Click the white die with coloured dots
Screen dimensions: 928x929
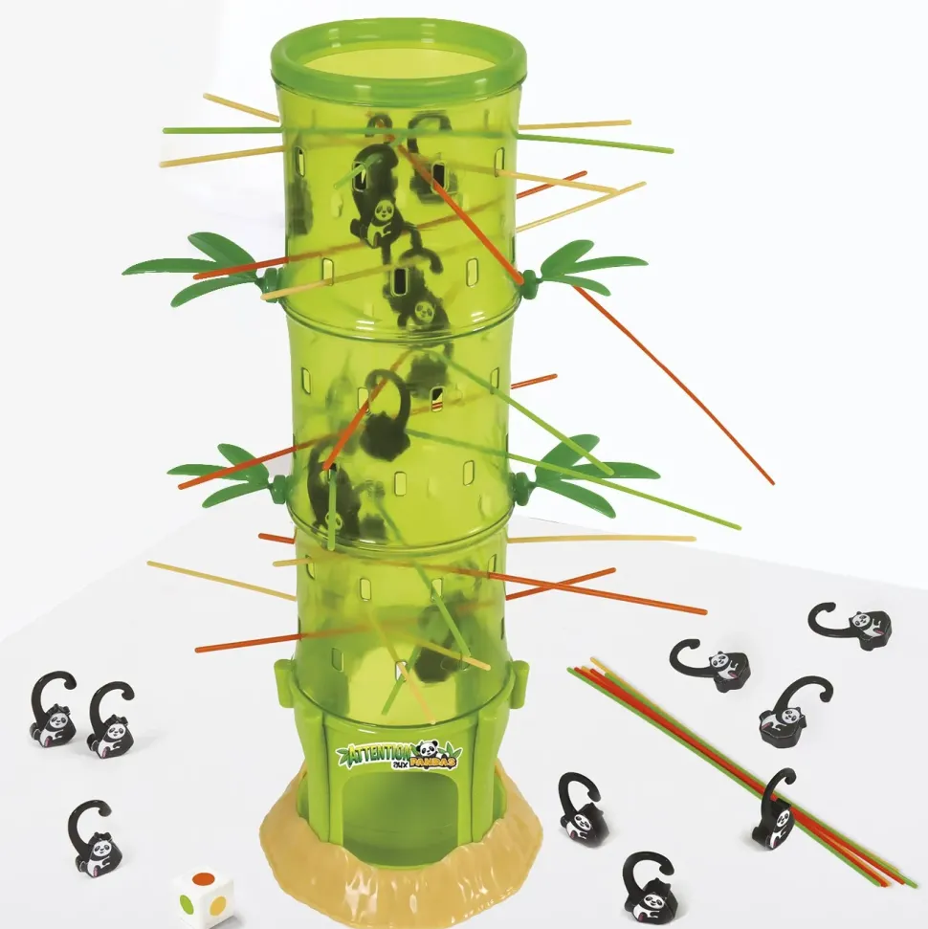click(x=203, y=897)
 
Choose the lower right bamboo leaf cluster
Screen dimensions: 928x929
click(x=586, y=471)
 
